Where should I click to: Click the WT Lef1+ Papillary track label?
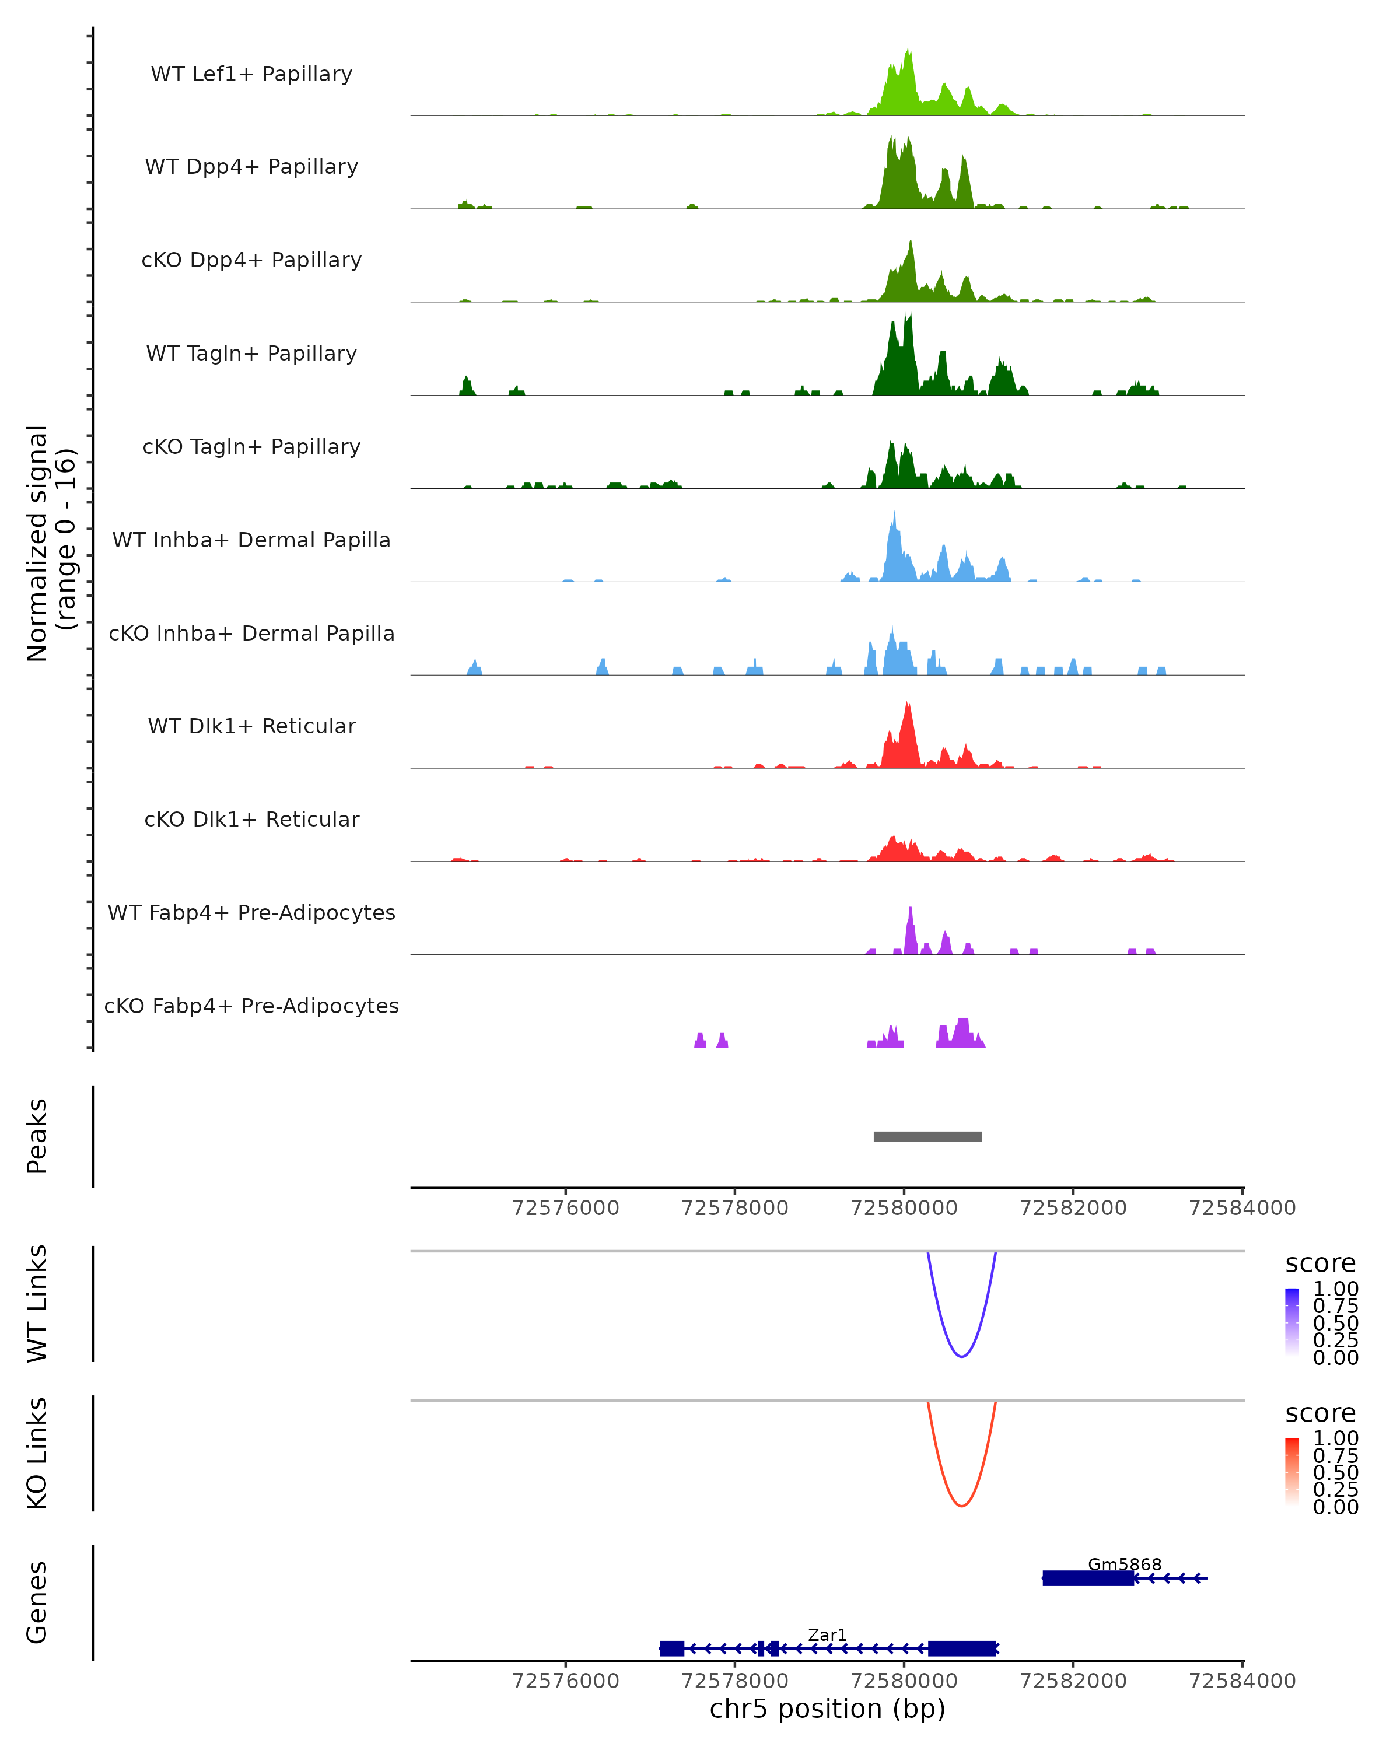251,74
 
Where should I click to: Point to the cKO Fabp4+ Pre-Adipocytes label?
251,1006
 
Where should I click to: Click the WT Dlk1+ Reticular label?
251,726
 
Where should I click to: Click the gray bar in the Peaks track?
927,1136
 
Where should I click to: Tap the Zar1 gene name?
827,1634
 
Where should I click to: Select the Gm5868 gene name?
1124,1564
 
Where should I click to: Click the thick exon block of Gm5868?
1087,1578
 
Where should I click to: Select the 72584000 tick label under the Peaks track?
1242,1208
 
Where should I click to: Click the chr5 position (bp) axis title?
827,1709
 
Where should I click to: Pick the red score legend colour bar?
1292,1472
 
